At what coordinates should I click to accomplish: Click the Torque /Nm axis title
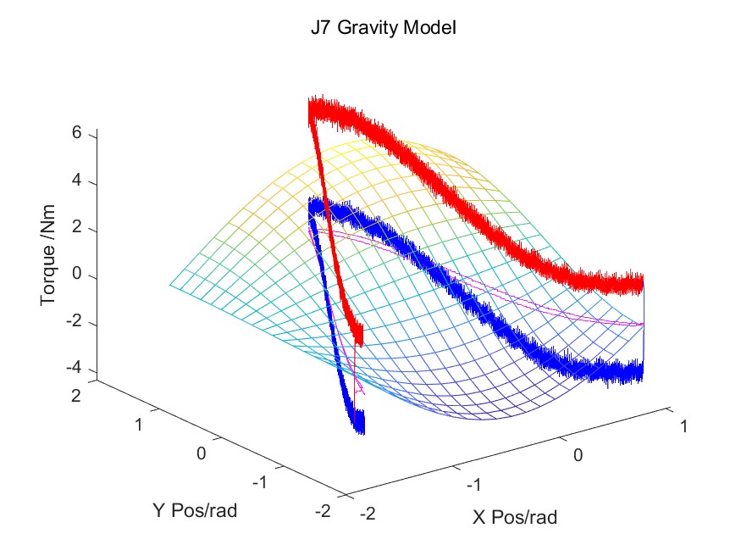point(49,253)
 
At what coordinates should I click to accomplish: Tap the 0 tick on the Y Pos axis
point(202,453)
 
